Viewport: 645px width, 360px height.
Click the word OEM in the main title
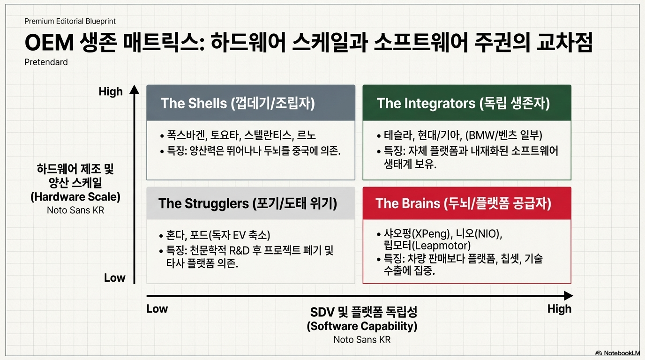point(49,43)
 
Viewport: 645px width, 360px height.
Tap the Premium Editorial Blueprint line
point(70,21)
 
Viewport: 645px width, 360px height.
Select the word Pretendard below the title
point(46,62)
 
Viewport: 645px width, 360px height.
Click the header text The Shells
point(194,103)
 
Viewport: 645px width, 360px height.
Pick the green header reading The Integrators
point(467,103)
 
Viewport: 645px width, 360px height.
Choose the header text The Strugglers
point(203,203)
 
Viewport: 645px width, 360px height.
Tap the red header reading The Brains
point(467,203)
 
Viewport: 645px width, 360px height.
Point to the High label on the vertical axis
point(111,91)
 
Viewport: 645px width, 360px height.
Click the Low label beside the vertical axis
point(114,278)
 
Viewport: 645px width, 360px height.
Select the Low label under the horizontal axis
point(157,309)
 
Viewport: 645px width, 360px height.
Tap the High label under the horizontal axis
point(559,309)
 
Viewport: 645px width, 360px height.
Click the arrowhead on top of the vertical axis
point(134,90)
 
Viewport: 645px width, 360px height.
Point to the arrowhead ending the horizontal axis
point(568,296)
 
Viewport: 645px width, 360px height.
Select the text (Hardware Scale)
point(75,197)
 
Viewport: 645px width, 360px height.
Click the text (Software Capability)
point(362,326)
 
